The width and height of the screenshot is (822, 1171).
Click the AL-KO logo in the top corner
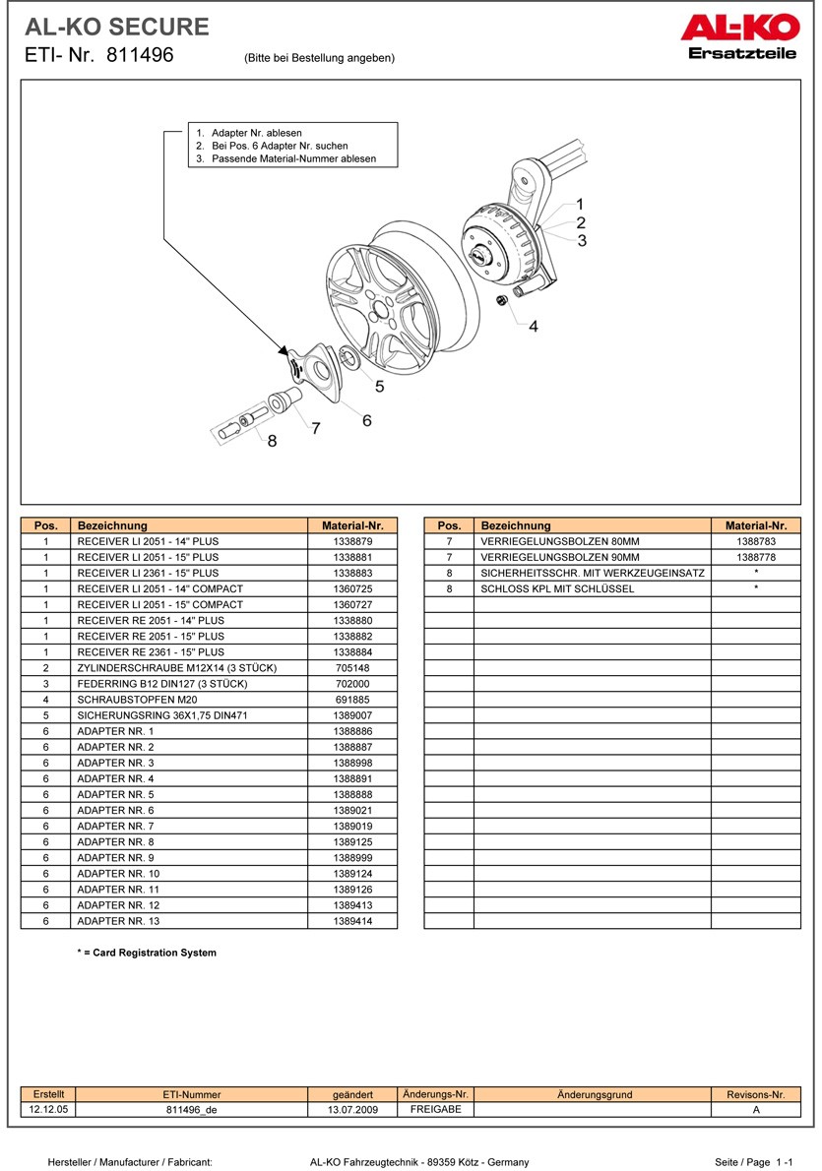[x=738, y=35]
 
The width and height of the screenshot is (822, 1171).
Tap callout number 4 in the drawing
[x=534, y=326]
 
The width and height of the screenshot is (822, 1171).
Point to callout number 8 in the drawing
[x=272, y=441]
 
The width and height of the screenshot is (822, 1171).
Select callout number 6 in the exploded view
[x=366, y=420]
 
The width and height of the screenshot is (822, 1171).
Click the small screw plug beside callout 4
[x=502, y=299]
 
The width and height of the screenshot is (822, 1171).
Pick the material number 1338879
[x=352, y=541]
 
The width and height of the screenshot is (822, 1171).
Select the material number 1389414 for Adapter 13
[x=352, y=921]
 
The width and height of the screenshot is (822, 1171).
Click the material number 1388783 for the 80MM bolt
[x=756, y=541]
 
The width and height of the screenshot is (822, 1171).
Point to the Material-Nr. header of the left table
[x=352, y=525]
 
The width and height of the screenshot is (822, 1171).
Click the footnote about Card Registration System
[x=147, y=953]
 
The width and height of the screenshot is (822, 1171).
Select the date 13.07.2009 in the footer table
[x=352, y=1110]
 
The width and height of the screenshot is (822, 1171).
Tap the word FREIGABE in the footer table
[x=434, y=1109]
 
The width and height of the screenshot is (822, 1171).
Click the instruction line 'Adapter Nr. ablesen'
[x=256, y=133]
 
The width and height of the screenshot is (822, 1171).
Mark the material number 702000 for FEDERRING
[x=352, y=684]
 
